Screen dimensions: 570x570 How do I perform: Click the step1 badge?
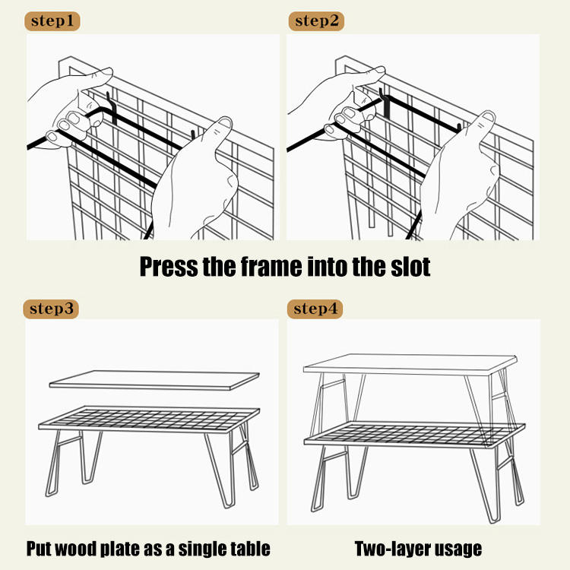[52, 21]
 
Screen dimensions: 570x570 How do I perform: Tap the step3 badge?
[52, 309]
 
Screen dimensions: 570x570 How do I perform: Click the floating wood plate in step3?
[152, 379]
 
